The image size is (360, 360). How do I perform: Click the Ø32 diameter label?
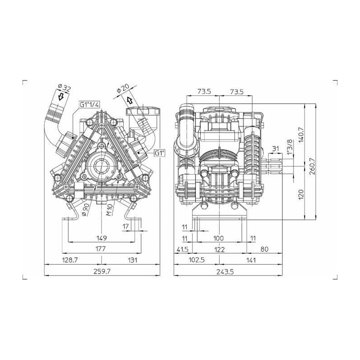pos(64,88)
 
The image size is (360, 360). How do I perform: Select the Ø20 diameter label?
pos(123,88)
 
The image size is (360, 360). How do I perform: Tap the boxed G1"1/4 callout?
pos(90,104)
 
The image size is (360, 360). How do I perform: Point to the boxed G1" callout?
pos(160,153)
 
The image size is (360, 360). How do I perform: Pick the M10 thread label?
pos(109,210)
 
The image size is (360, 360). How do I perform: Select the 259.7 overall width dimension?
pos(102,271)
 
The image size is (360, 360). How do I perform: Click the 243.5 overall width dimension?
pos(225,272)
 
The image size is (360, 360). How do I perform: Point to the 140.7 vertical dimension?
pos(301,134)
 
